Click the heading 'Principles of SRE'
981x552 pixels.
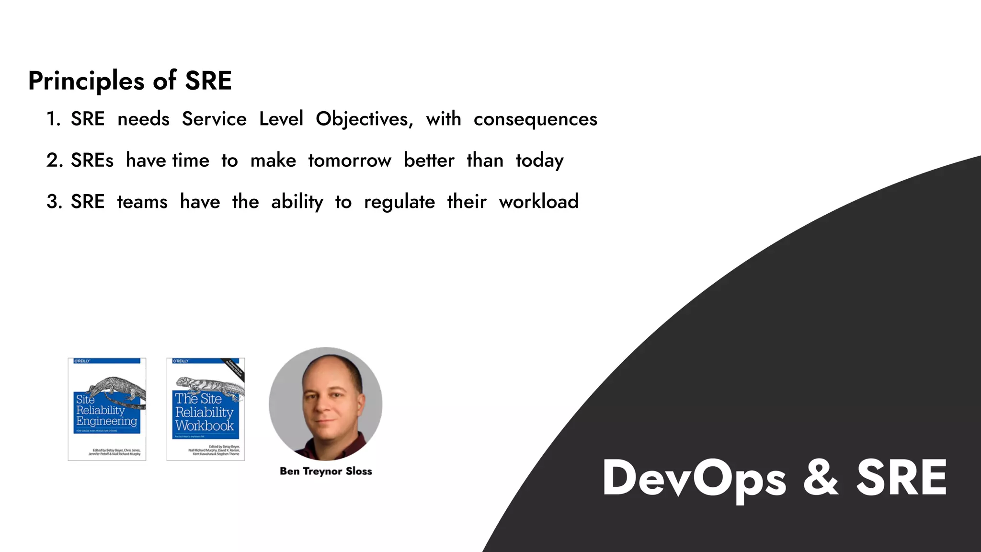(130, 80)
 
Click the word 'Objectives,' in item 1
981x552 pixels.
(364, 119)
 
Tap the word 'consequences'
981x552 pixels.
(535, 119)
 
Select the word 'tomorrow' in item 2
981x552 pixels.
(350, 161)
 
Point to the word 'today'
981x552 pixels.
(539, 161)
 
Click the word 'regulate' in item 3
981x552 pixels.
(399, 202)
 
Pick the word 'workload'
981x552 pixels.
(538, 202)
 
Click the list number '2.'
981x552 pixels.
(54, 161)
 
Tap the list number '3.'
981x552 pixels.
(54, 202)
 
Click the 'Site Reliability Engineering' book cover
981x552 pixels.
(107, 409)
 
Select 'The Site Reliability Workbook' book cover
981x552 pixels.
(205, 409)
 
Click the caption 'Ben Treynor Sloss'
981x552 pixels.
(326, 471)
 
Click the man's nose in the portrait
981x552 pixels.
(325, 406)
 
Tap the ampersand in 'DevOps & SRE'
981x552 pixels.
(820, 478)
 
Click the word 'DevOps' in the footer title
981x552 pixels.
(694, 478)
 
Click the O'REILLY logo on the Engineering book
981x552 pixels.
(82, 361)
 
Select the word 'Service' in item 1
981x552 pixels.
(214, 119)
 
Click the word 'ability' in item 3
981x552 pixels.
(297, 202)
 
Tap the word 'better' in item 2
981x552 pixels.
(429, 161)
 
